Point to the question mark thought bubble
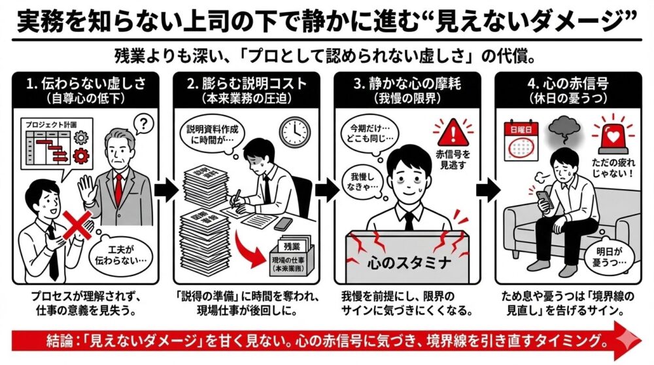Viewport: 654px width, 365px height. [145, 124]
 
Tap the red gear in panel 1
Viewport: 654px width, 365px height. [82, 156]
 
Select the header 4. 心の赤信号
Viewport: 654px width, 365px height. [567, 90]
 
